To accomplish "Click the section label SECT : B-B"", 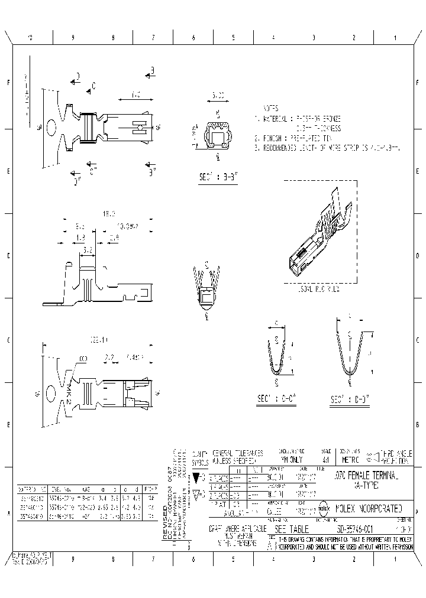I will click(x=216, y=177).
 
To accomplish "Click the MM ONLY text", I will click(x=291, y=459).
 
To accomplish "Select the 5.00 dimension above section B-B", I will click(x=217, y=95).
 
